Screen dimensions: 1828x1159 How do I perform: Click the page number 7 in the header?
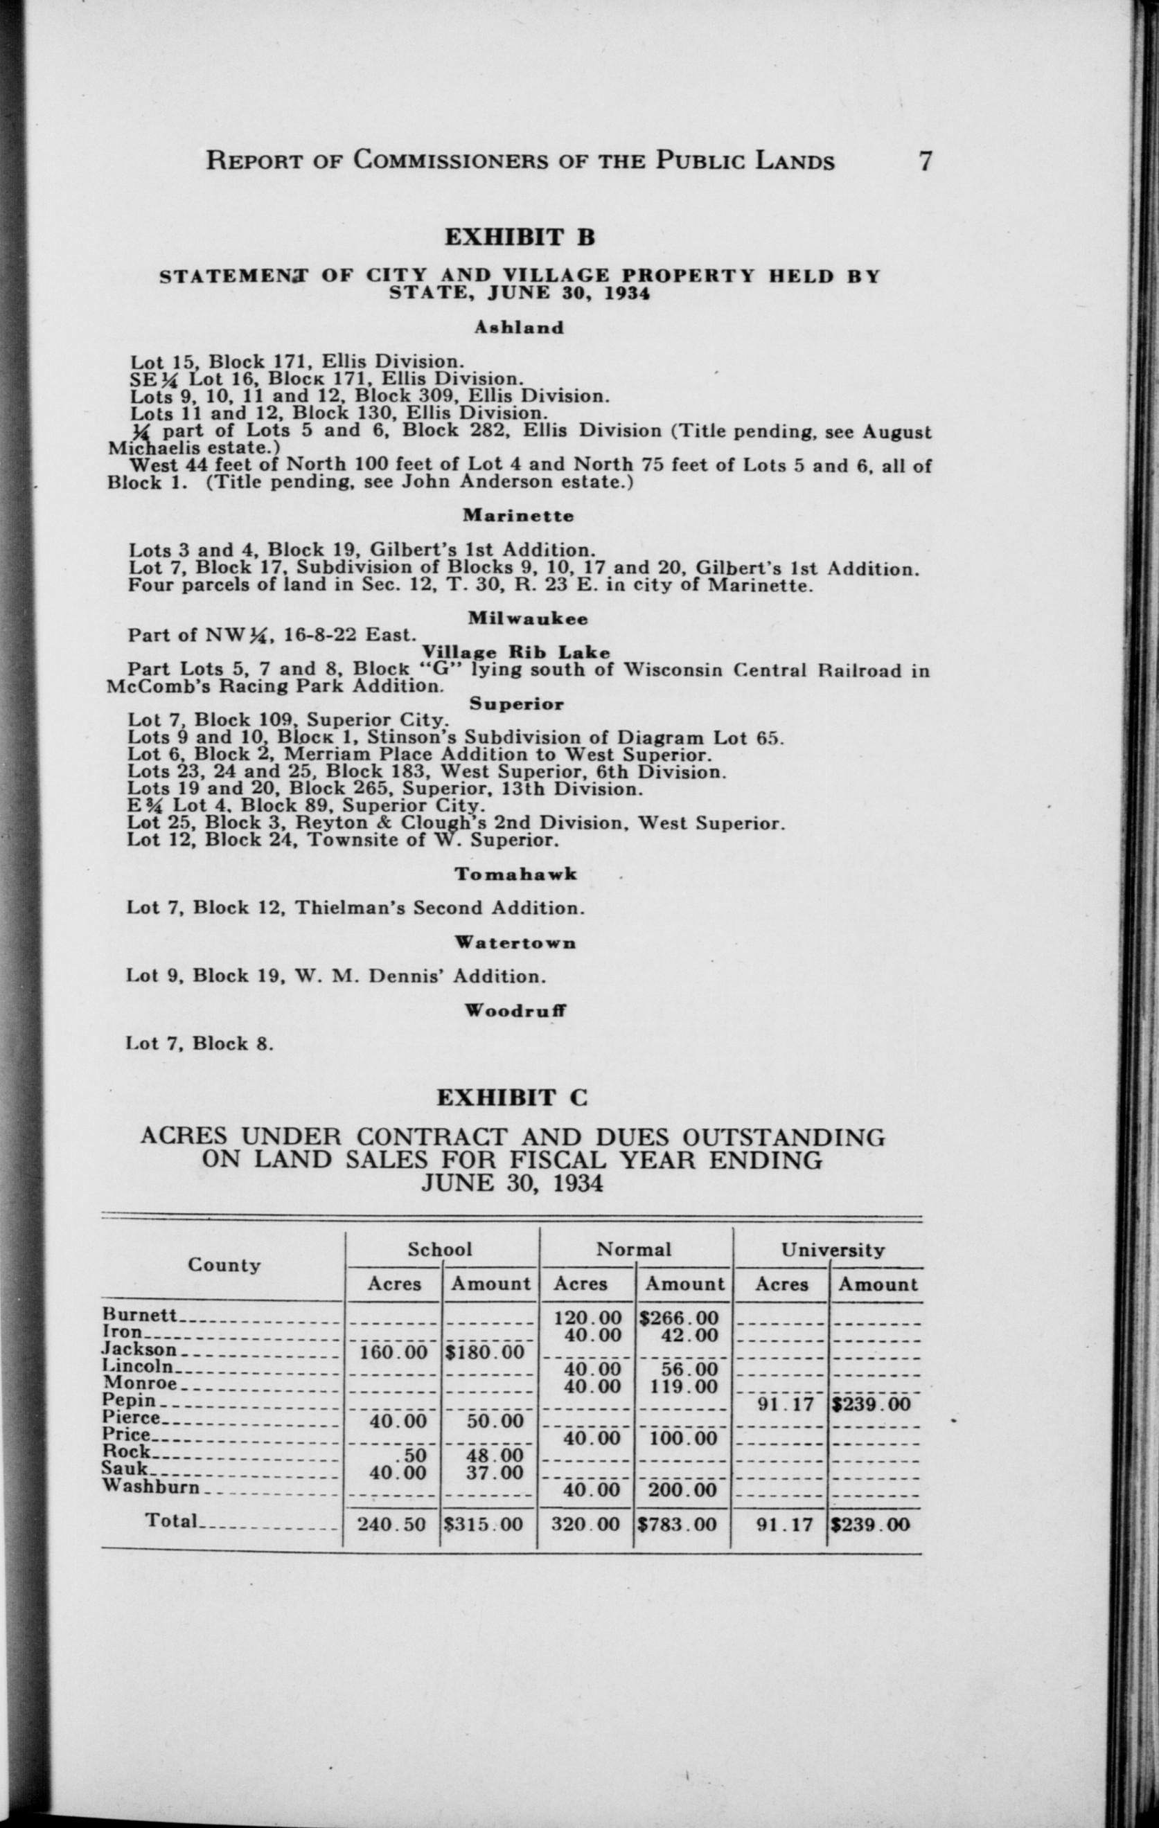click(x=924, y=162)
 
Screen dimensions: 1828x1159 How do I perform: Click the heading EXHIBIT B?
click(x=519, y=238)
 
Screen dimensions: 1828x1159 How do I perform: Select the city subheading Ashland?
click(x=520, y=328)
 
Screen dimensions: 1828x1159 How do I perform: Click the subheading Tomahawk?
click(x=515, y=874)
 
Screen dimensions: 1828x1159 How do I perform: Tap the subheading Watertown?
click(x=515, y=943)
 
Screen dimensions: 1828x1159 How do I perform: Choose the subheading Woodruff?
click(x=515, y=1010)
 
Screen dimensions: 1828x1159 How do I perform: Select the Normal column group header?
click(x=633, y=1250)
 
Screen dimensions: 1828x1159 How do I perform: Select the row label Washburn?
click(x=151, y=1486)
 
